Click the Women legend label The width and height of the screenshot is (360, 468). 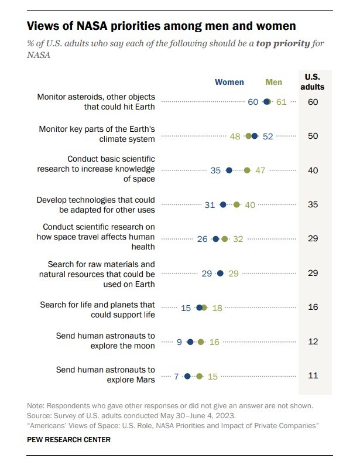coord(229,83)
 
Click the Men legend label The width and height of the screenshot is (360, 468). coord(273,83)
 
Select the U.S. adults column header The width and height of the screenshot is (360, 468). coord(313,82)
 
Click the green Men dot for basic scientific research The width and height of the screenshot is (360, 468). coord(247,170)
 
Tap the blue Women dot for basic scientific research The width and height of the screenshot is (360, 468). coord(229,170)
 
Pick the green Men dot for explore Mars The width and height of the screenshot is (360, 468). coord(200,376)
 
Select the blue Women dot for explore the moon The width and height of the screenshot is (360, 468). coord(190,341)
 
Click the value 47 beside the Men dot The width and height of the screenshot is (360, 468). coord(260,170)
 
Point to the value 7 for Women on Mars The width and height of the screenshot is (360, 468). coord(176,376)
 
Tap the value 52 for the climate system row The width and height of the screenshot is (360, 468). coord(268,136)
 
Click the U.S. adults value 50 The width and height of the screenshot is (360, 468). coord(313,136)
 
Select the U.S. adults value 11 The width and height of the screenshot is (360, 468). coord(313,375)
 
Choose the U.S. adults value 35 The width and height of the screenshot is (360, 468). coord(313,205)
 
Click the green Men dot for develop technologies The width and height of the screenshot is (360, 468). coord(236,205)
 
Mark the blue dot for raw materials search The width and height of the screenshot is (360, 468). coord(220,273)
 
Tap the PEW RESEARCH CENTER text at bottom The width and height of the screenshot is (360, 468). coord(68,439)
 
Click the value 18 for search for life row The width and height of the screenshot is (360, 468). coord(217,308)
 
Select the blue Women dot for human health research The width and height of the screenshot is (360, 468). coord(216,239)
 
